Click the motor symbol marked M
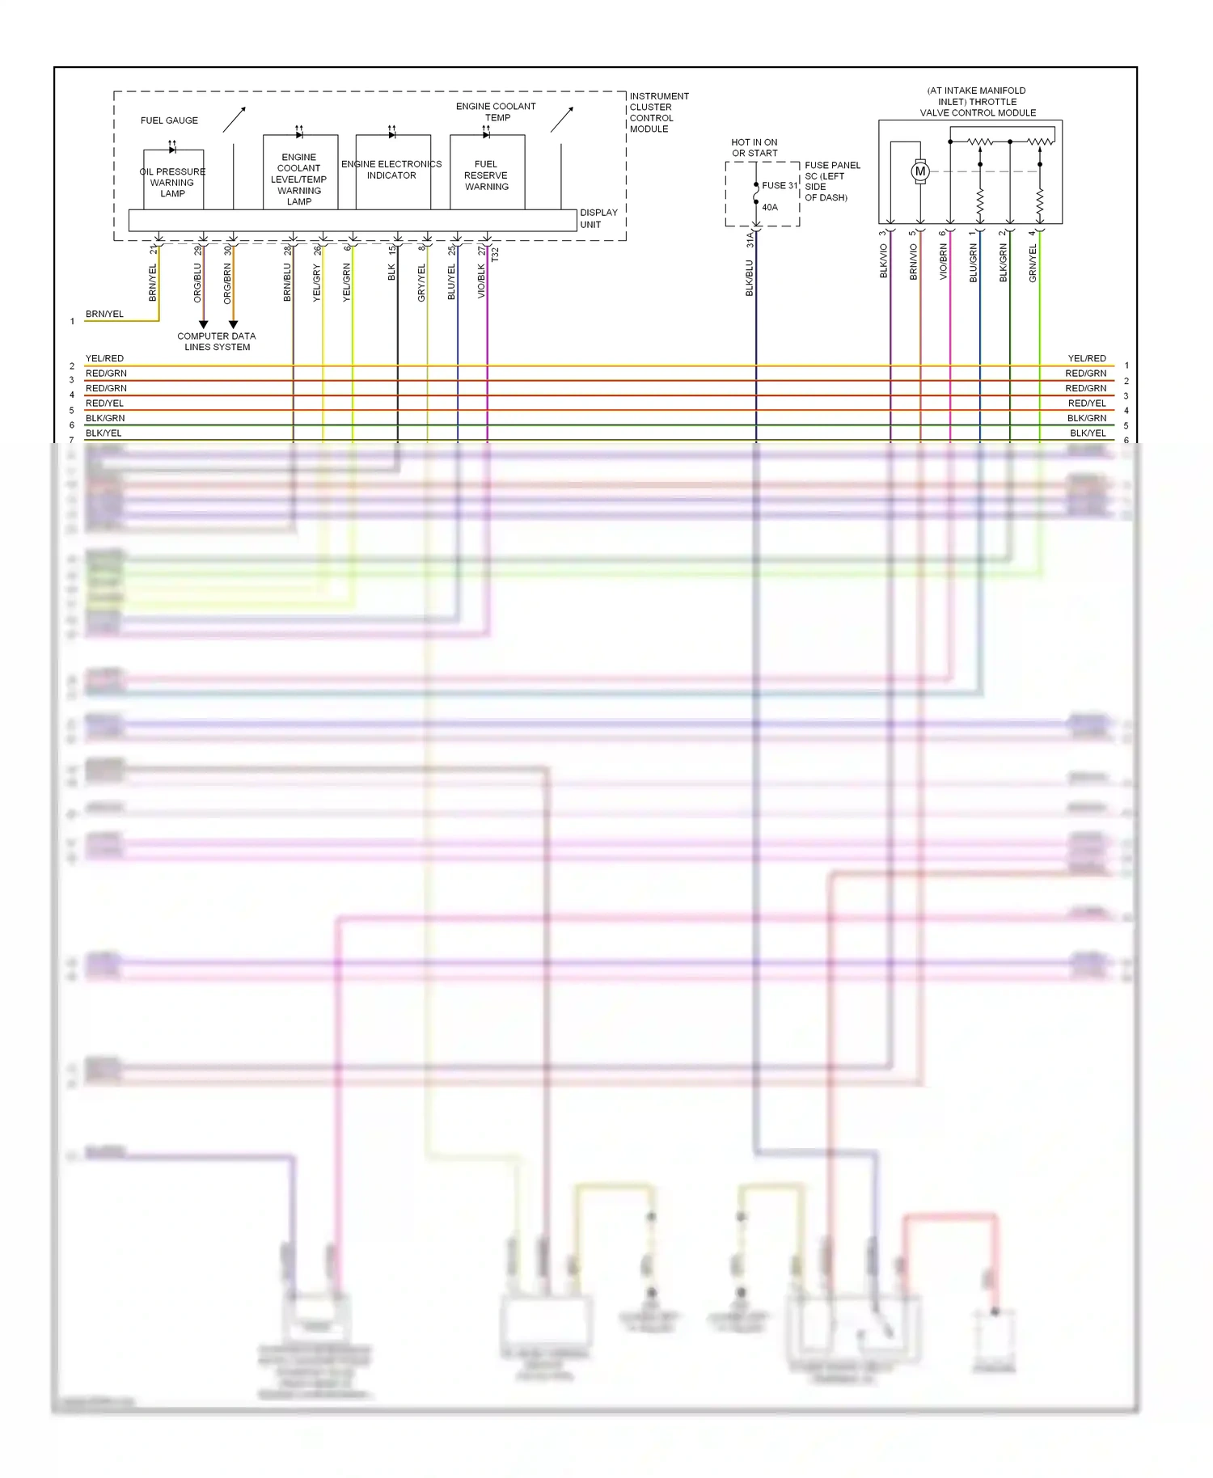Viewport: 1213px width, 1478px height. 919,171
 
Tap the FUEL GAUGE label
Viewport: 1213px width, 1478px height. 169,120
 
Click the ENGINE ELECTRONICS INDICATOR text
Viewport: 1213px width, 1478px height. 391,170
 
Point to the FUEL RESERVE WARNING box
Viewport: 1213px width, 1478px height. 487,175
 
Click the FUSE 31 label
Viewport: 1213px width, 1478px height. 780,185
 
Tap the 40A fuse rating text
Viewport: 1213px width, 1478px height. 770,208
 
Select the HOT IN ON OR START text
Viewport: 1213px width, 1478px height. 754,147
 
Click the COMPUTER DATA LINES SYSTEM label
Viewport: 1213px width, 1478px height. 217,341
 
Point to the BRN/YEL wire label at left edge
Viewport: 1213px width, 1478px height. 104,314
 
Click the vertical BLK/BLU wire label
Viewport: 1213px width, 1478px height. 750,277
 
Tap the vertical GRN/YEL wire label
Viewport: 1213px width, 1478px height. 1033,263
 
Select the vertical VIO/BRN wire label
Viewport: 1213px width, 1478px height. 943,262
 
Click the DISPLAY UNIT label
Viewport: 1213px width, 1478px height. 598,218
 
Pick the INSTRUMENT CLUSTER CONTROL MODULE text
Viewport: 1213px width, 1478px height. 658,112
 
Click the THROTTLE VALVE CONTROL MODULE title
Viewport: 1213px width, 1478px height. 978,102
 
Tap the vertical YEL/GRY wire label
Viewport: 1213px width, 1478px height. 316,283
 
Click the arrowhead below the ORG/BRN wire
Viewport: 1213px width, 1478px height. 233,324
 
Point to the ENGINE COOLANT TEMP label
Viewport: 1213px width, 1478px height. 496,112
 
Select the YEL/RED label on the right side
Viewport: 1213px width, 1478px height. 1086,358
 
